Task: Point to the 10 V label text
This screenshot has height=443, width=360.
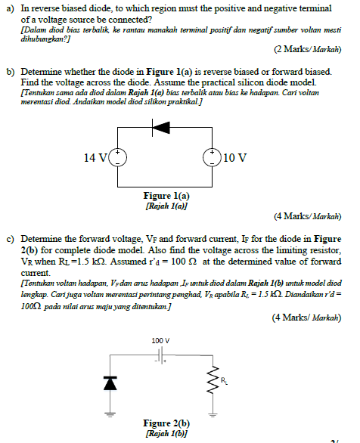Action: point(235,158)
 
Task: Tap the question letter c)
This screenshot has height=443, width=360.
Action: point(11,238)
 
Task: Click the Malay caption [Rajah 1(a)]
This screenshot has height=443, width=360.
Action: point(166,205)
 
